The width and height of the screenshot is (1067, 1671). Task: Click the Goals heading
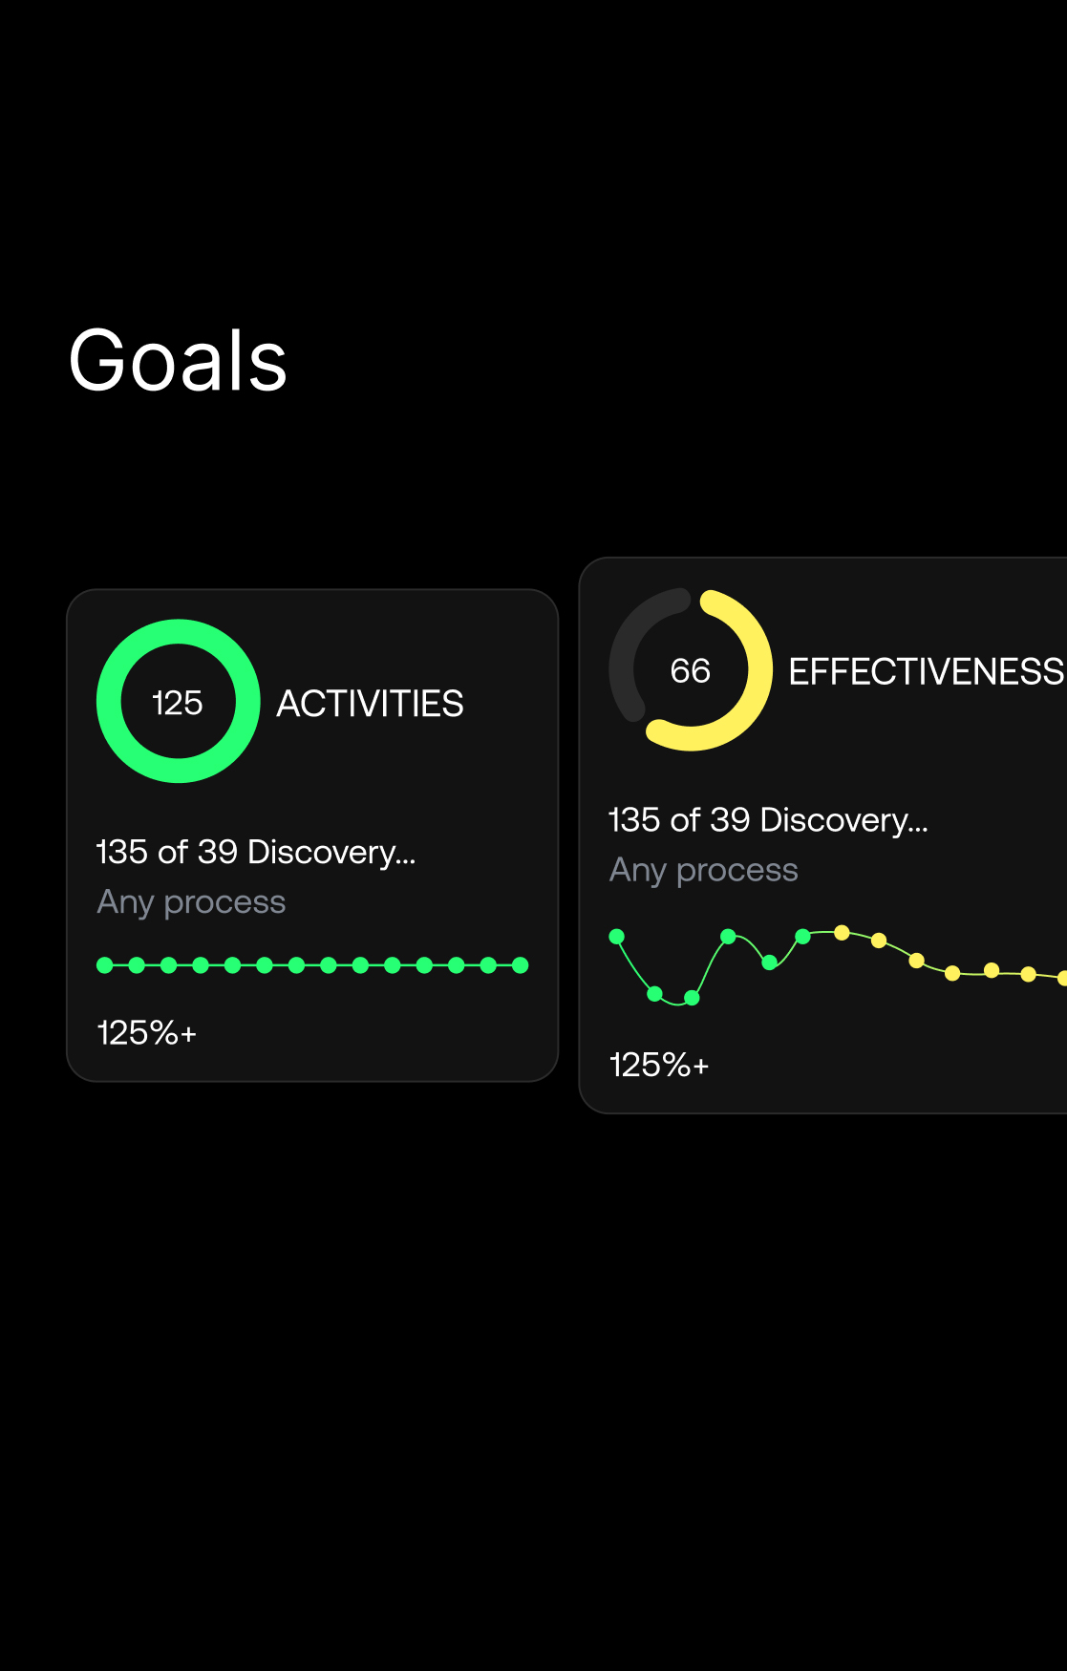pos(178,361)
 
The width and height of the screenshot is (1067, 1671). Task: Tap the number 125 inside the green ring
pos(178,703)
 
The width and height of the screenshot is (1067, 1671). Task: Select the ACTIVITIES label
pos(370,704)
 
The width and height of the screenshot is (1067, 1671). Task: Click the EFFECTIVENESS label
pos(925,671)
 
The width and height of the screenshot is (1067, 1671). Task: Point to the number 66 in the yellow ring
pos(690,670)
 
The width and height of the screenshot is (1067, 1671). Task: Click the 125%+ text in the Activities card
pos(147,1032)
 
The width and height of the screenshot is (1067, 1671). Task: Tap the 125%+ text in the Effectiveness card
pos(659,1065)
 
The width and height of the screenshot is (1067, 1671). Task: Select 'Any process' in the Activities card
pos(191,902)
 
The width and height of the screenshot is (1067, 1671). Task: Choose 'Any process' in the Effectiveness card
pos(703,870)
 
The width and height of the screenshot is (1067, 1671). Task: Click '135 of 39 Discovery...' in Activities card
pos(256,851)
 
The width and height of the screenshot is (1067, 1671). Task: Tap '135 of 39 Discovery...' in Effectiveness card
pos(768,819)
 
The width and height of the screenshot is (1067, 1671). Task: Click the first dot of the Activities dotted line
pos(105,965)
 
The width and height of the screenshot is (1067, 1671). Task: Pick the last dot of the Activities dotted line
pos(520,965)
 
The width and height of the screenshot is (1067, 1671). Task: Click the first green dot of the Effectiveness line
pos(617,936)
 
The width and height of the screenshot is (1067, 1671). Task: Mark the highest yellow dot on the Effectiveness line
pos(842,932)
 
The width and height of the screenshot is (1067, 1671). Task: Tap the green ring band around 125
pos(109,702)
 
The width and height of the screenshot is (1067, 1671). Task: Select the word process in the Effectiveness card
pos(737,871)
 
